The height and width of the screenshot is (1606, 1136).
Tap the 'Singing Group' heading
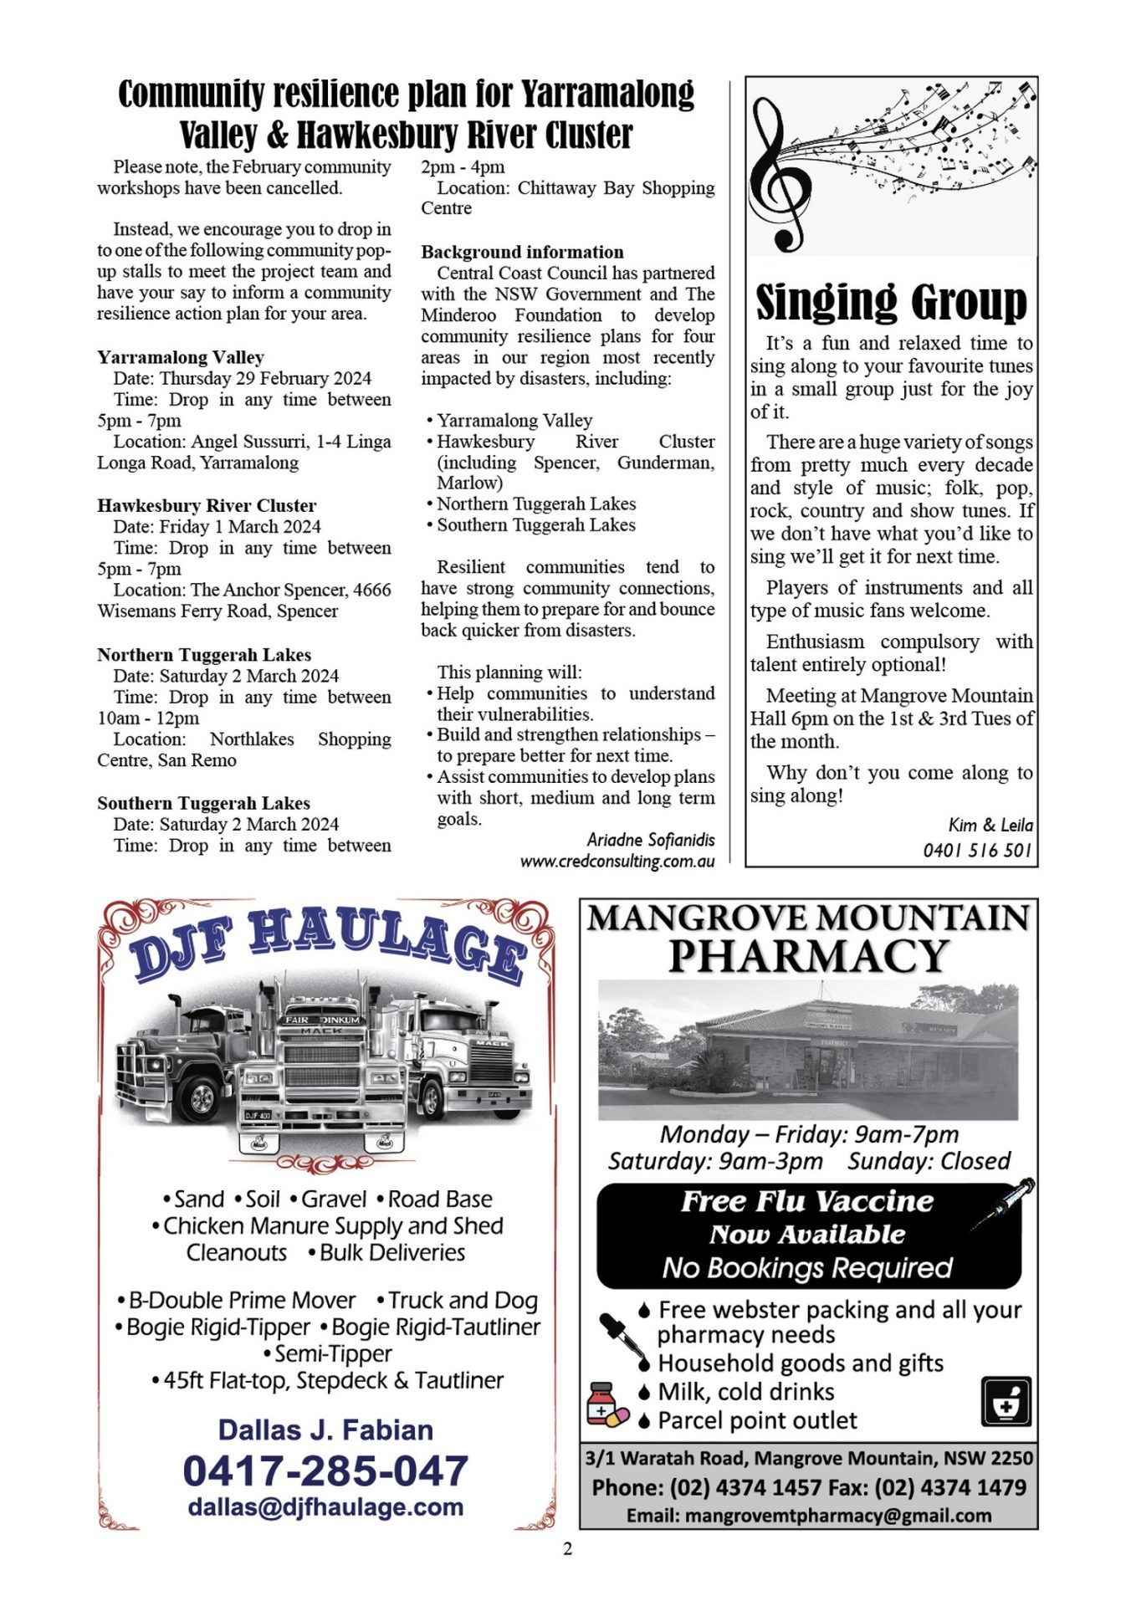point(891,302)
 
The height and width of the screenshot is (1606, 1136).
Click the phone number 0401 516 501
point(977,851)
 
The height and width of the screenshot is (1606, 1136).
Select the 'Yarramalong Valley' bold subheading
point(181,357)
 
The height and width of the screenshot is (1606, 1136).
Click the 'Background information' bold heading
point(522,252)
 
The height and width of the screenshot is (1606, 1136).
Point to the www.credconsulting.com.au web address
point(617,861)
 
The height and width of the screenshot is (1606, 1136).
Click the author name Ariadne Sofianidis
point(651,839)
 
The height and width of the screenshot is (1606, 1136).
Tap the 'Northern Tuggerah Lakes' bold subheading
point(204,654)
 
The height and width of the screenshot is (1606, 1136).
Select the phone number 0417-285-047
point(325,1471)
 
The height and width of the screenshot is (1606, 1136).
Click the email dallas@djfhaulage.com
point(325,1506)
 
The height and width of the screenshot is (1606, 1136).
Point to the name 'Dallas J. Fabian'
point(325,1430)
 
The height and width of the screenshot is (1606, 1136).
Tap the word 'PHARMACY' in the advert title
point(808,955)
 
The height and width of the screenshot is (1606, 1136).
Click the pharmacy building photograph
point(808,1051)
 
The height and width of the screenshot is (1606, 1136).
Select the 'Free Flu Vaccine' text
point(806,1201)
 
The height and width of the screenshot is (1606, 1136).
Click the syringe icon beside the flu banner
point(1004,1203)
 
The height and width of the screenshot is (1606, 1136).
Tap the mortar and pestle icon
point(1006,1402)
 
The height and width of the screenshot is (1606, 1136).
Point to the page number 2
point(568,1549)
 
